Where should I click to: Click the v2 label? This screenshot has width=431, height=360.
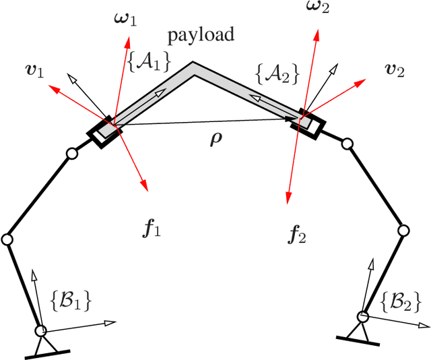pos(395,69)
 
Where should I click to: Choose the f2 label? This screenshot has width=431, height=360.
pos(298,235)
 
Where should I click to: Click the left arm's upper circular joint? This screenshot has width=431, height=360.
pos(71,155)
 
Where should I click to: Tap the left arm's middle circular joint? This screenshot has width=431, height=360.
pos(7,239)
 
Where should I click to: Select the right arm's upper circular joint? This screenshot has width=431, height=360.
pos(347,144)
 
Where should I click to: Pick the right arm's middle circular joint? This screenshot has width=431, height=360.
pos(404,231)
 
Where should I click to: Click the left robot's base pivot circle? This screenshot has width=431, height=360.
pos(40,331)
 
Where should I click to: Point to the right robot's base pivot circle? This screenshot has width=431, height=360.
pos(364,316)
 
